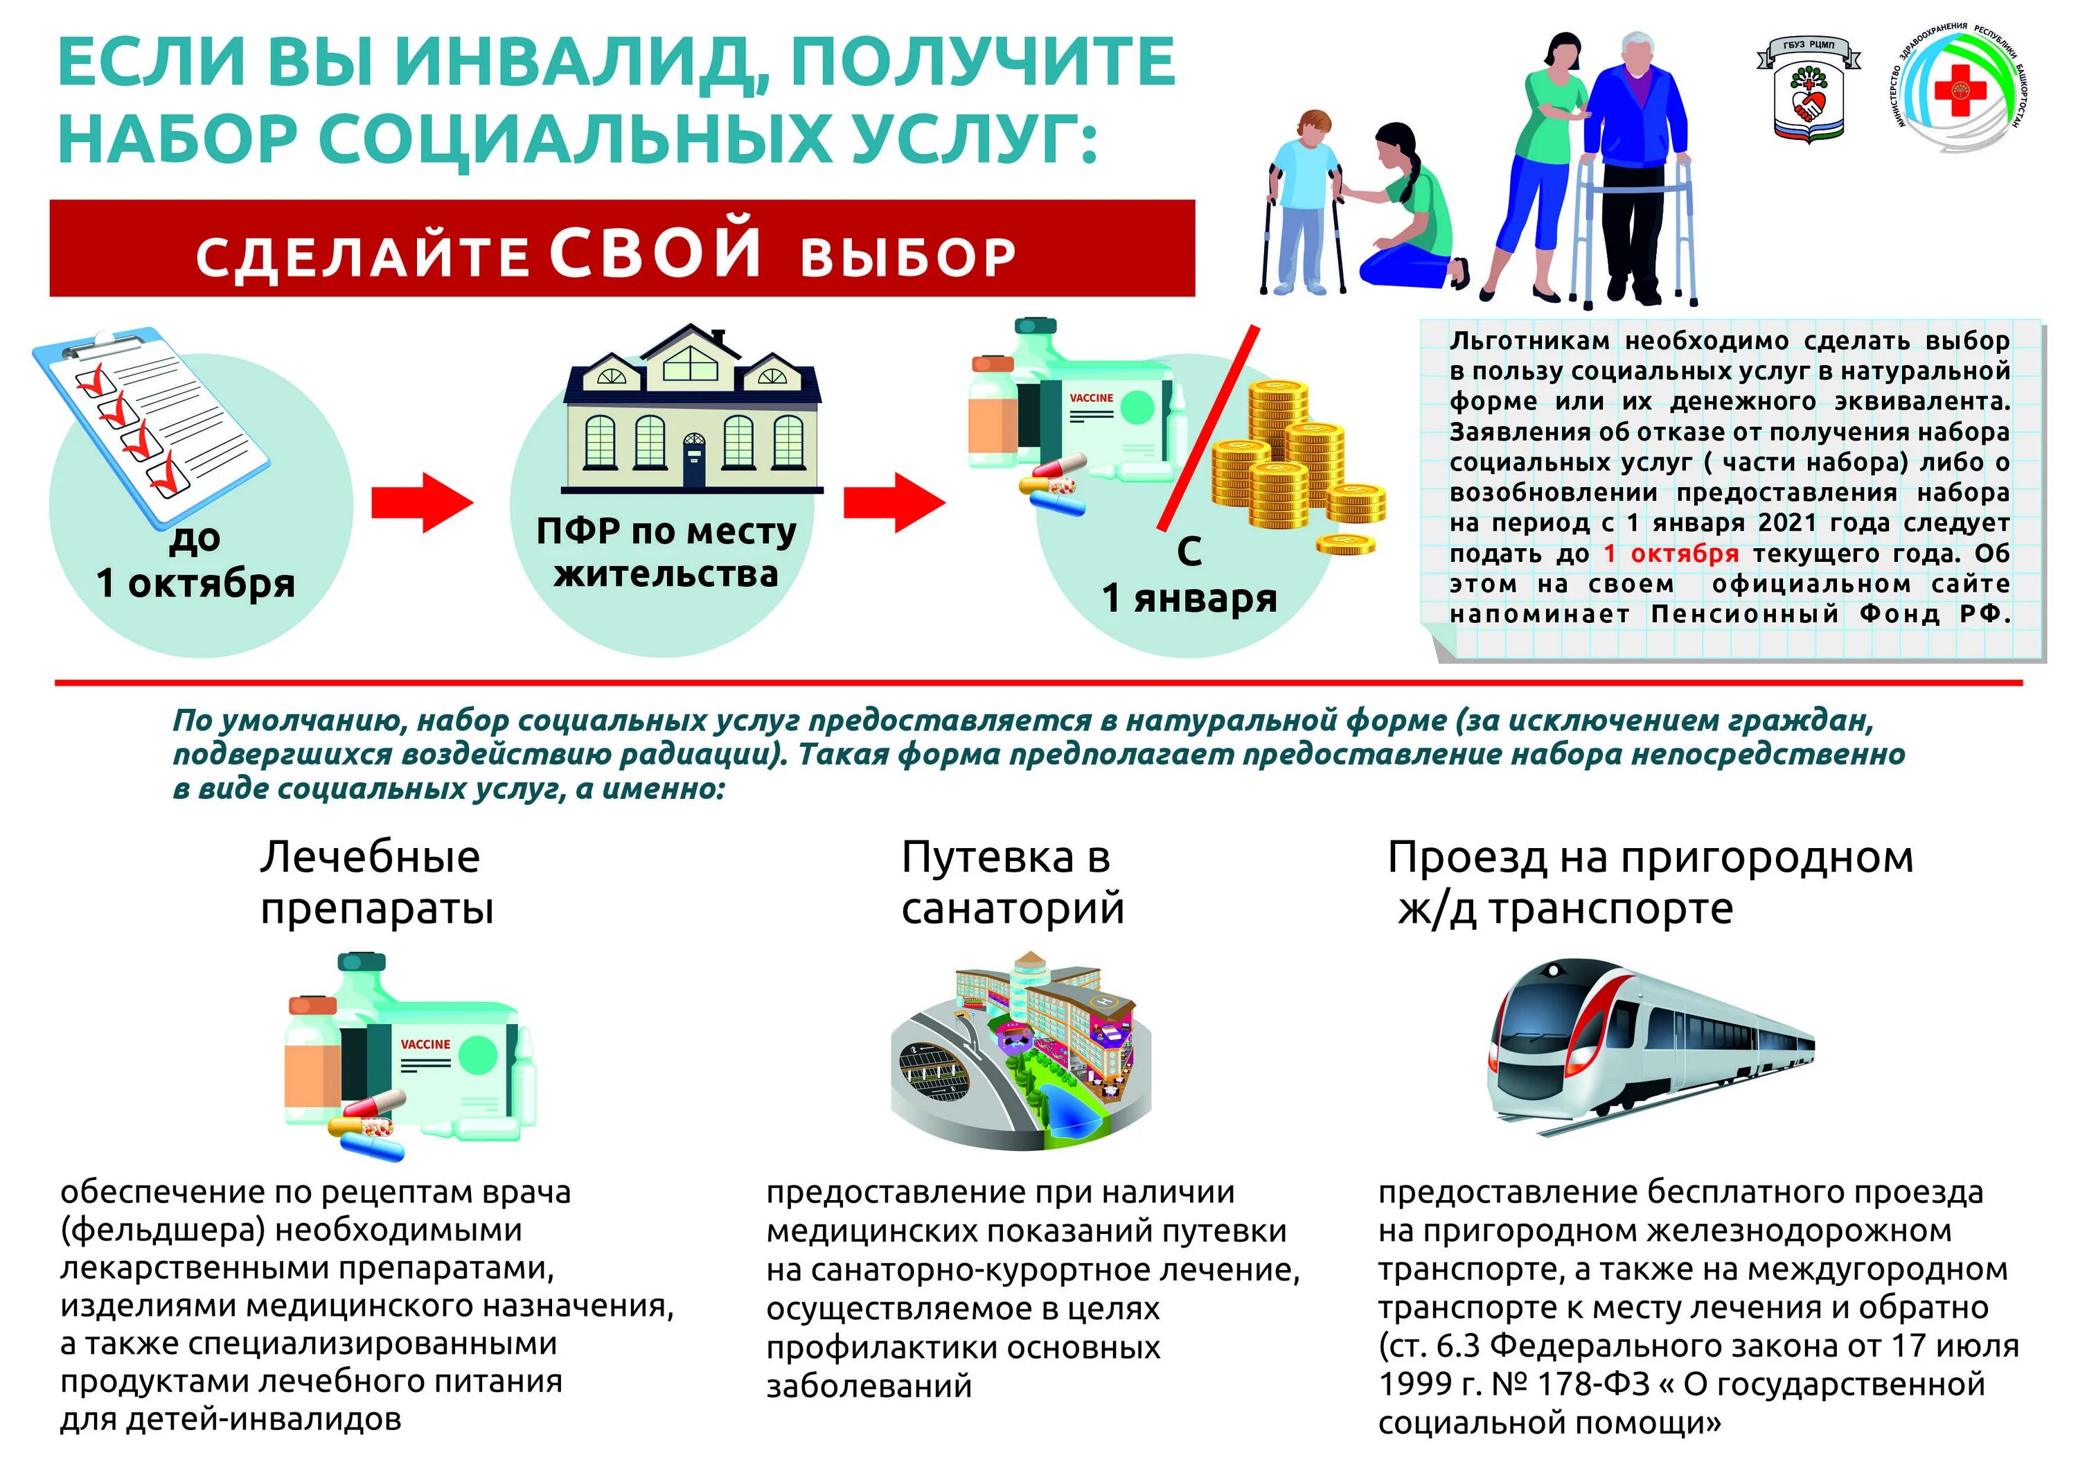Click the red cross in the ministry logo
click(x=1958, y=89)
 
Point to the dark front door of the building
click(x=693, y=461)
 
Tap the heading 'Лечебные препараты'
click(x=375, y=881)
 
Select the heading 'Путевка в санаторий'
click(x=1011, y=881)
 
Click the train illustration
click(x=1650, y=1050)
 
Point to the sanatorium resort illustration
click(x=1020, y=1050)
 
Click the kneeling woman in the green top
click(x=1408, y=209)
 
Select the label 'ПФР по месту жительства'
click(x=666, y=552)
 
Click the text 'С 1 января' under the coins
click(x=1189, y=575)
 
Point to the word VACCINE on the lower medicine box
click(x=425, y=1044)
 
